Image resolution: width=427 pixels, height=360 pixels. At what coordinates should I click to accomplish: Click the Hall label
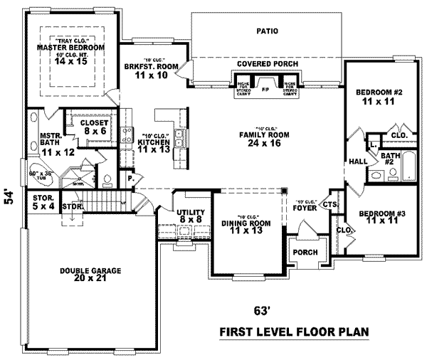click(x=357, y=162)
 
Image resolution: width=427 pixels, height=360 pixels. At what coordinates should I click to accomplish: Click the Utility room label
click(x=191, y=213)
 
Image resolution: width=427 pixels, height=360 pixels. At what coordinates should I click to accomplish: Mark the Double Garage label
click(x=90, y=271)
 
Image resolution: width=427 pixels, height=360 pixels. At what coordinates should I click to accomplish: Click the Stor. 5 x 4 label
click(x=44, y=200)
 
